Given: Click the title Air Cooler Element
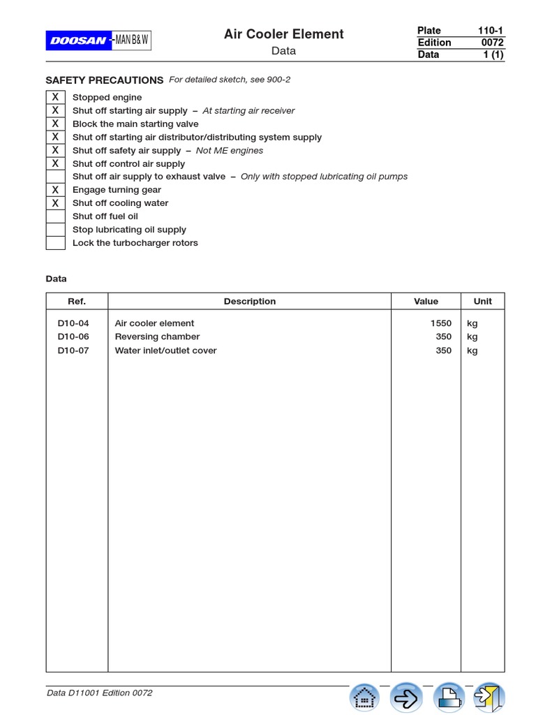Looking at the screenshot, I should [283, 34].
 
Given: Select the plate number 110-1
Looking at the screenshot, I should [491, 31].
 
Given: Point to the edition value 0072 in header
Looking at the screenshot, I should [492, 43].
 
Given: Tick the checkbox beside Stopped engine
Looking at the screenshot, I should [55, 97].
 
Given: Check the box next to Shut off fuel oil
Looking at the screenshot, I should [55, 216].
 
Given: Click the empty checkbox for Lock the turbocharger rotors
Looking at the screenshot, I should [55, 243].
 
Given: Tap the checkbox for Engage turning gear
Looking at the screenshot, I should [55, 190].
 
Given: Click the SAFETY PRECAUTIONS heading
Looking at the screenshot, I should [105, 80].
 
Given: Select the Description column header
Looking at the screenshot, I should [249, 302].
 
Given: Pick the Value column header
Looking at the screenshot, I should [426, 302].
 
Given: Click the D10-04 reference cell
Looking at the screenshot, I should [73, 323].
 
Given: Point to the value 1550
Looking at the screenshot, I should [441, 323].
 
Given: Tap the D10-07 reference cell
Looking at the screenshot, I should [73, 351].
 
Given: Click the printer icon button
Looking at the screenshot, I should [449, 697].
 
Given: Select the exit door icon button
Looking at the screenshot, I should [489, 697].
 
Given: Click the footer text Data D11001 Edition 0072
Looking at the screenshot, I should [99, 693].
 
